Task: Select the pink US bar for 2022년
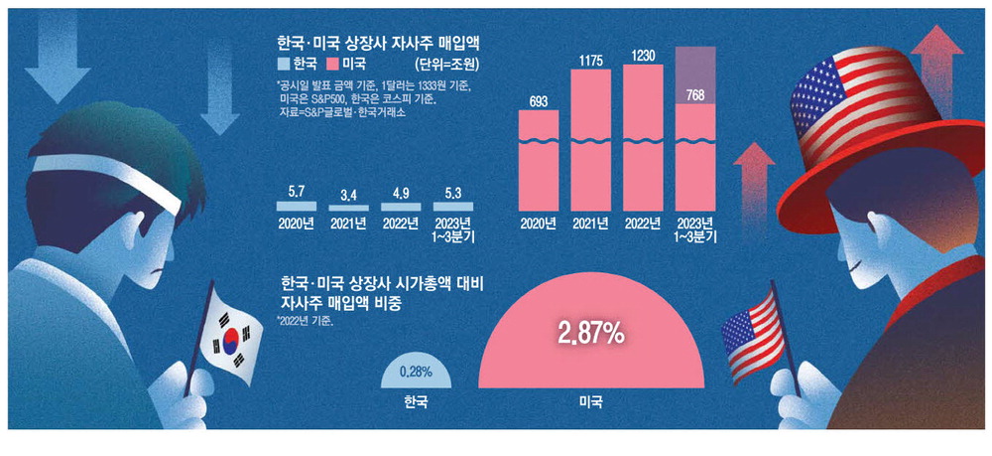(643, 137)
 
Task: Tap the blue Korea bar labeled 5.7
(296, 206)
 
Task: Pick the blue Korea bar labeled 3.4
(348, 207)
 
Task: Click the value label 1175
(590, 61)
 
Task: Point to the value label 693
(539, 101)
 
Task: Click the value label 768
(695, 95)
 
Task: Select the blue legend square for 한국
(283, 64)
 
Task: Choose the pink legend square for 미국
(332, 64)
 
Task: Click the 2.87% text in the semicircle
(590, 335)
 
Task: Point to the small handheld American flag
(753, 333)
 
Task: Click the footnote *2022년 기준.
(306, 321)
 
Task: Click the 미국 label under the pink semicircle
(591, 401)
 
